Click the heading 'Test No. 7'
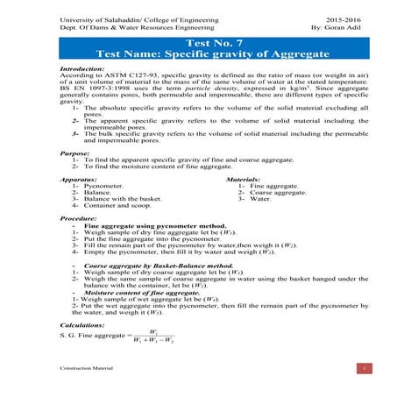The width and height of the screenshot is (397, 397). pyautogui.click(x=198, y=43)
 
